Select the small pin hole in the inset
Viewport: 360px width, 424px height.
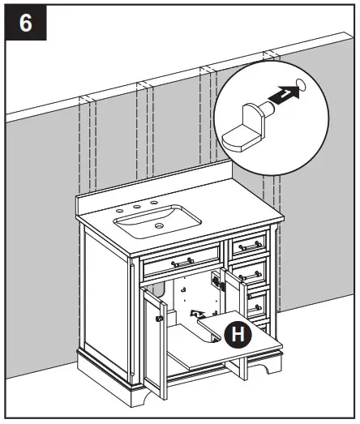(302, 84)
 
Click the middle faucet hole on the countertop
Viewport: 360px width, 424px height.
(138, 208)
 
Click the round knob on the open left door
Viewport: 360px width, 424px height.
(159, 319)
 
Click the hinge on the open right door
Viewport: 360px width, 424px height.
(216, 281)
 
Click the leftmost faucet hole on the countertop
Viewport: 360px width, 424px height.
(119, 211)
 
